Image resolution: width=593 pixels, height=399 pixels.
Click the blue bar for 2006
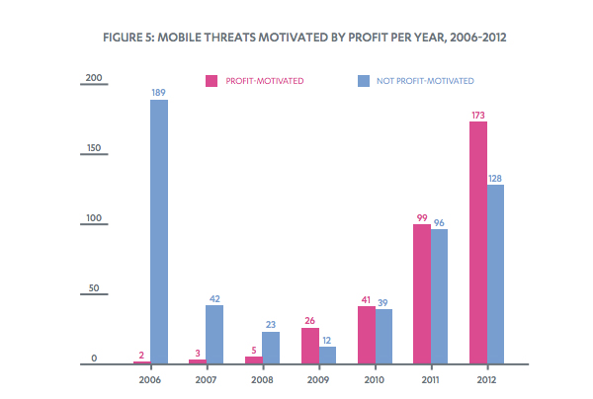(158, 232)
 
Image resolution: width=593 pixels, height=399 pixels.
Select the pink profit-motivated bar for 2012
(477, 243)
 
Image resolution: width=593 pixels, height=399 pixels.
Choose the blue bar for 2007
(213, 335)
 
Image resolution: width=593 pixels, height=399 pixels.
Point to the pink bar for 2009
(310, 346)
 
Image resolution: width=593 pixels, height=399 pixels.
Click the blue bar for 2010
(383, 337)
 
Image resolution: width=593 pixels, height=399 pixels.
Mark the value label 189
(158, 92)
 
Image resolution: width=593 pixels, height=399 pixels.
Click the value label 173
(477, 115)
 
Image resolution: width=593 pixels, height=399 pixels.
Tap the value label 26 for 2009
(309, 320)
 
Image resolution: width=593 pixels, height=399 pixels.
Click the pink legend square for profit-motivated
(211, 80)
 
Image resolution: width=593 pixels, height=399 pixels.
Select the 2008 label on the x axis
(261, 378)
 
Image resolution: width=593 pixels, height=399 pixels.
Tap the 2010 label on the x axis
(374, 378)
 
